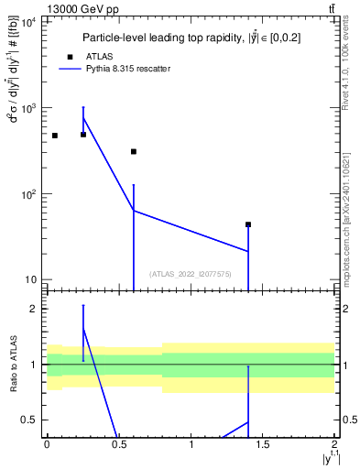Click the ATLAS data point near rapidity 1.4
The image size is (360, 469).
pyautogui.click(x=248, y=224)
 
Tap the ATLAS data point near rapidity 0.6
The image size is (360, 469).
pyautogui.click(x=134, y=152)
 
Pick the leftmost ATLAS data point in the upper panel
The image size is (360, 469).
pyautogui.click(x=55, y=136)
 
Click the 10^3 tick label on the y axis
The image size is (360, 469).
pyautogui.click(x=27, y=108)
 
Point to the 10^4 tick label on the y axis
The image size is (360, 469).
pyautogui.click(x=27, y=22)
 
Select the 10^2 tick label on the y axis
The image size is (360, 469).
pyautogui.click(x=27, y=194)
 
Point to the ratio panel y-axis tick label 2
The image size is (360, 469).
pyautogui.click(x=33, y=310)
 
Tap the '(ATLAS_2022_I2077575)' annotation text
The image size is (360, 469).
pyautogui.click(x=191, y=273)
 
